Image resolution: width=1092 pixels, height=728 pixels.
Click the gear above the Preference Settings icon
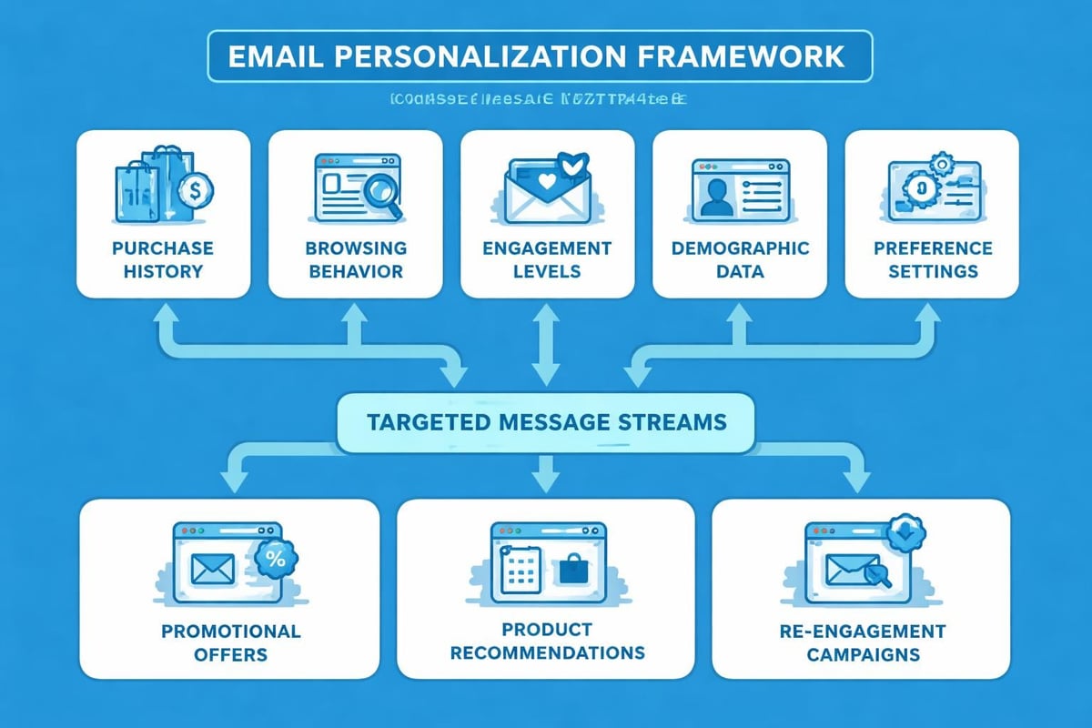942,165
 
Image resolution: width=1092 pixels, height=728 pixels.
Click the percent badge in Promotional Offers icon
275,559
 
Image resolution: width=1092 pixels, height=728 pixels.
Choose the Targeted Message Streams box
546,422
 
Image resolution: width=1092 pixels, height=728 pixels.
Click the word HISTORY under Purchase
163,271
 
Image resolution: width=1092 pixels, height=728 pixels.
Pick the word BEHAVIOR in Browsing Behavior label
355,271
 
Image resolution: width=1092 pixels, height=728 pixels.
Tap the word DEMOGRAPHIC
739,248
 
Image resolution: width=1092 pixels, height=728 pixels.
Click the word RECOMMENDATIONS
547,652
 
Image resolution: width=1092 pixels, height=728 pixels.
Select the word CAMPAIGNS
861,654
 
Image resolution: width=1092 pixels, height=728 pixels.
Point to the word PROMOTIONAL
230,631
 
